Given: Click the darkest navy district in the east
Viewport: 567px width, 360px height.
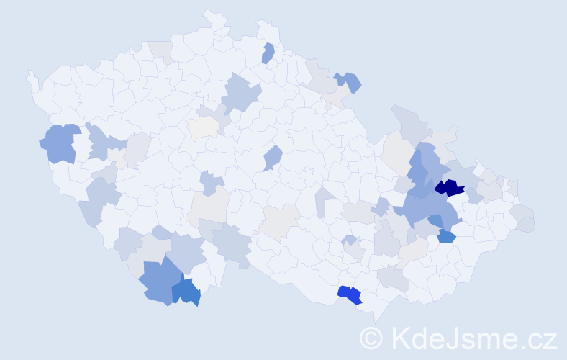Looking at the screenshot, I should point(450,189).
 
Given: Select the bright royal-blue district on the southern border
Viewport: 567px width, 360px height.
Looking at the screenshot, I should point(350,294).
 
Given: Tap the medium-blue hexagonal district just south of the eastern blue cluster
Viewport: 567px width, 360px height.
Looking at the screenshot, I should point(446,235).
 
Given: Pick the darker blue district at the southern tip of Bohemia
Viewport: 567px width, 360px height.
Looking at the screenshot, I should point(186,291).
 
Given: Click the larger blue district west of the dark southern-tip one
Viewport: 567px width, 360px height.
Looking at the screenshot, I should point(156,281).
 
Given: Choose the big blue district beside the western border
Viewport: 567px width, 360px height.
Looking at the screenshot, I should point(60,143).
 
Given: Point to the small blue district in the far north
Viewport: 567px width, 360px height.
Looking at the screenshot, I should point(268,53).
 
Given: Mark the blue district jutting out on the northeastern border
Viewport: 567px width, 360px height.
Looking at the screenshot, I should point(350,81).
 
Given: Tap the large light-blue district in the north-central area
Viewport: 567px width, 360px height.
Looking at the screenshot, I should point(241,94).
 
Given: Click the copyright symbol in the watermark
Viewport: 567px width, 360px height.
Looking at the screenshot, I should point(371,337).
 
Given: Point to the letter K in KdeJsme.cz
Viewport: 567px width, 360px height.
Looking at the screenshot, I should point(399,337).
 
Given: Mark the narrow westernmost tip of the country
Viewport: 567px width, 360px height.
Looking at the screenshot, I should point(30,75).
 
